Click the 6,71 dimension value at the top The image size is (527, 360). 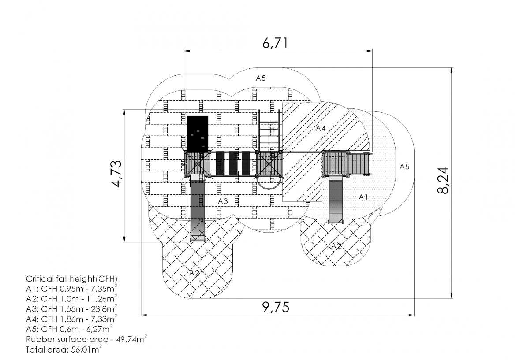tap(275, 43)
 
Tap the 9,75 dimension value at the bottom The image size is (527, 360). tap(276, 307)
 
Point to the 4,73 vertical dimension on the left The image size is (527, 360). tap(116, 173)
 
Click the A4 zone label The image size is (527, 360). tap(321, 128)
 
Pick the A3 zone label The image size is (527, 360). tap(223, 201)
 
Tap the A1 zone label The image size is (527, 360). tap(363, 197)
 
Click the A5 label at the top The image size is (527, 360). tap(261, 78)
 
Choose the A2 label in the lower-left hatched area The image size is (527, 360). tap(194, 273)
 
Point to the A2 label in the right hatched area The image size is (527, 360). tap(336, 246)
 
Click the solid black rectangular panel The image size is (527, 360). tap(198, 134)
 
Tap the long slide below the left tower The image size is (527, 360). tap(198, 208)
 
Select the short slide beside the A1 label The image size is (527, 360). tap(336, 200)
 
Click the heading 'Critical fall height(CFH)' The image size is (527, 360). tap(71, 279)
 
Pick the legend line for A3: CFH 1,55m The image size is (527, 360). tap(71, 308)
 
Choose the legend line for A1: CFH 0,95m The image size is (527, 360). tap(71, 289)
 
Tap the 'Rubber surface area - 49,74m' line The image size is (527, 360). tap(86, 339)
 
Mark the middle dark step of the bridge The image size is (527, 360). tap(233, 164)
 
